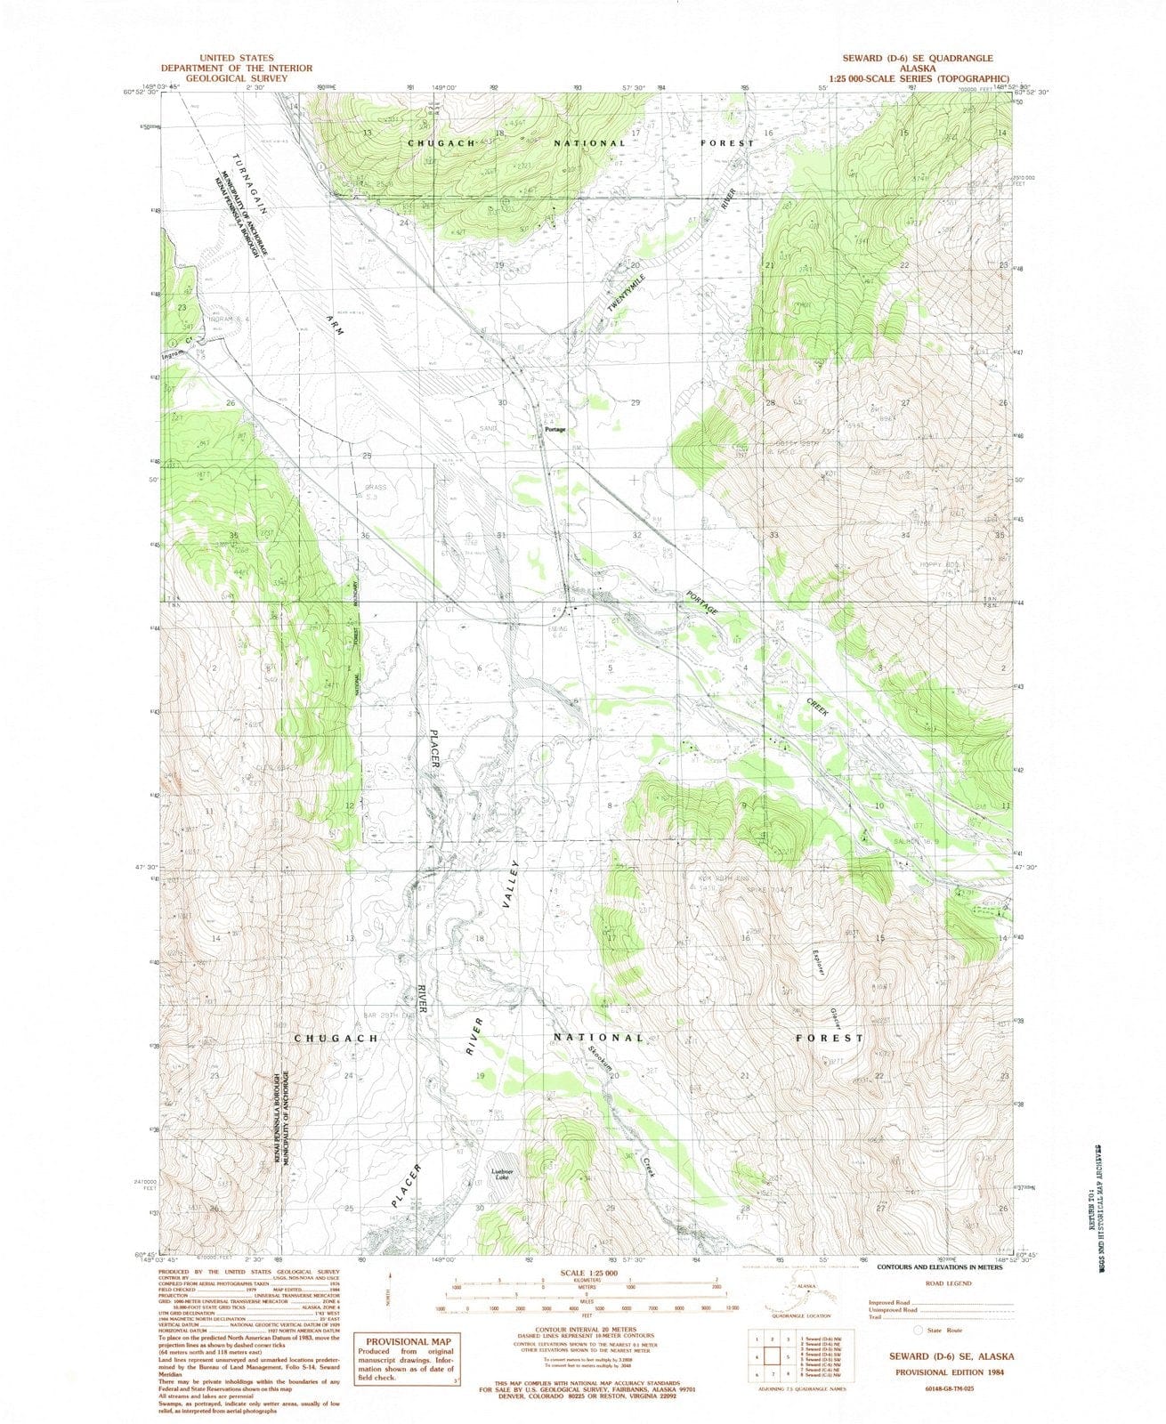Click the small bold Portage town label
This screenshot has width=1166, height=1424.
click(555, 430)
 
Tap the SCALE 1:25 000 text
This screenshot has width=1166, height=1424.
click(587, 1274)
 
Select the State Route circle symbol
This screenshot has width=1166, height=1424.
click(918, 1329)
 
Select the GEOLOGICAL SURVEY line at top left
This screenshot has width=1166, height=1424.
click(236, 78)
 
